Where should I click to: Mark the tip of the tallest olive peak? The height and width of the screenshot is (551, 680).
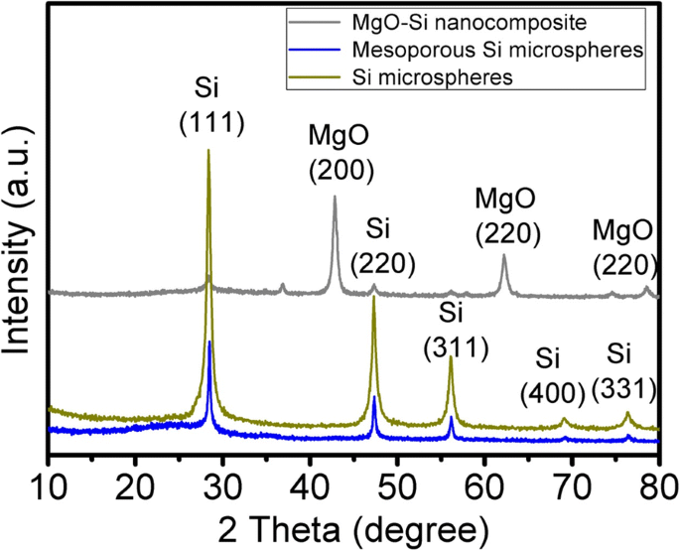tap(208, 150)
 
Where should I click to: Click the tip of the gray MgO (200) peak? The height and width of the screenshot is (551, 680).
tap(335, 197)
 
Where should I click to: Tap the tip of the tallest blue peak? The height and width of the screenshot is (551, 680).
tap(209, 342)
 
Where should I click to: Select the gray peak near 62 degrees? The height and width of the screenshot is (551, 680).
tap(504, 256)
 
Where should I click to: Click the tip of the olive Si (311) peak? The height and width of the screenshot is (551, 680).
tap(452, 358)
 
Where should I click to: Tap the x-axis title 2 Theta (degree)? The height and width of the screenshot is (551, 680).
tap(353, 522)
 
